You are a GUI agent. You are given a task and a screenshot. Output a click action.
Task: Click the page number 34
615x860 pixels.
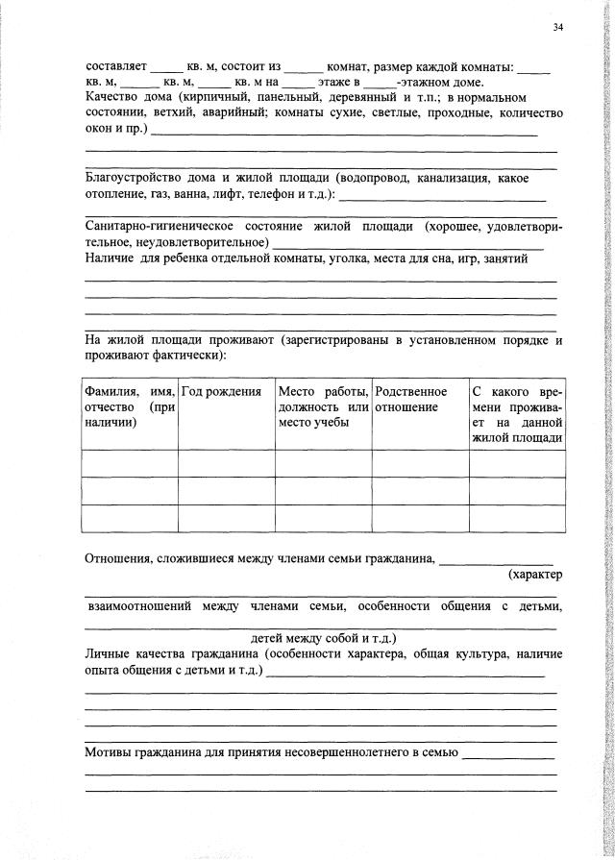558,26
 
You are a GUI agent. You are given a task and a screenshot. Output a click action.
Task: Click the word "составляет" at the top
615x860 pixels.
115,67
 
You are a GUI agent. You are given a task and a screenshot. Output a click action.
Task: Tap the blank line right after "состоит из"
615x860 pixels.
305,69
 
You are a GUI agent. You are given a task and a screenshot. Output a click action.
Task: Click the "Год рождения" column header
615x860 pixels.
222,392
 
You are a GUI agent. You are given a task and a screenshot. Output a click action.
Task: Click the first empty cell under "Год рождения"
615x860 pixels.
227,463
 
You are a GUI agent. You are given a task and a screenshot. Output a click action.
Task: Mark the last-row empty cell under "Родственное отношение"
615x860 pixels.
420,518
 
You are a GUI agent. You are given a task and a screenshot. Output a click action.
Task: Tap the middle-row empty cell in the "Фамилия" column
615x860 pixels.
131,490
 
